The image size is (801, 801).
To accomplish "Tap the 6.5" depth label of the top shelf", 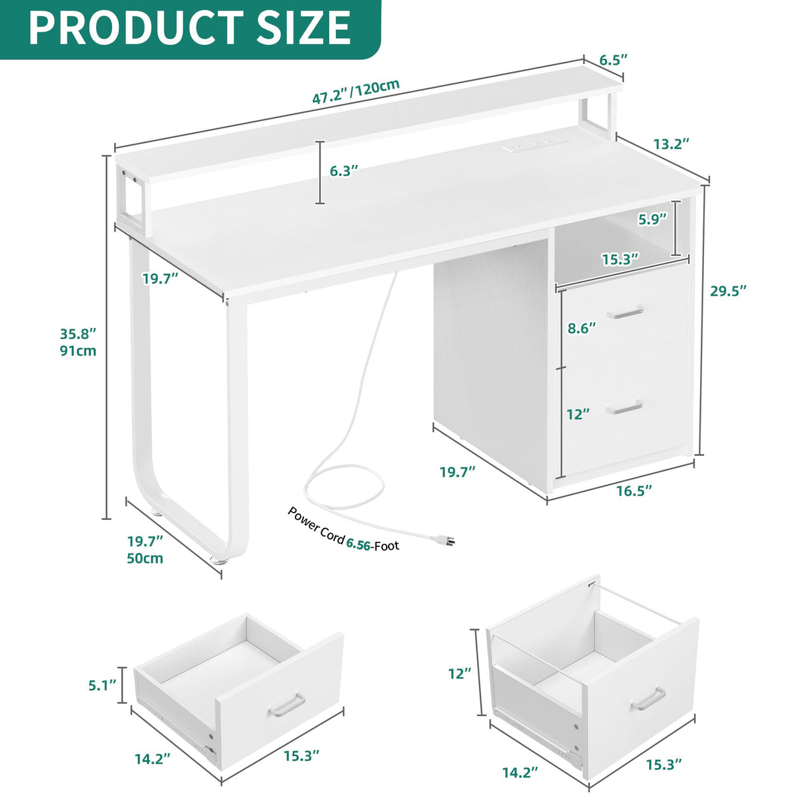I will (613, 60).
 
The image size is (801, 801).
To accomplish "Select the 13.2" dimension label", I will (671, 143).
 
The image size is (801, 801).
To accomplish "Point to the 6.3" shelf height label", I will (344, 171).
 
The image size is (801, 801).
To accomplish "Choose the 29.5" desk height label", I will (728, 291).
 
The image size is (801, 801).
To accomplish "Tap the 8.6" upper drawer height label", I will (581, 328).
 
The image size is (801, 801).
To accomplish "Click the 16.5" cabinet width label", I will (634, 490).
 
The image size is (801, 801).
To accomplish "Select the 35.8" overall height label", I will (78, 333).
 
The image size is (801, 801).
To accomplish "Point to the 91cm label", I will (78, 351).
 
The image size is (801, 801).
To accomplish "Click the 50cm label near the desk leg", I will (145, 559).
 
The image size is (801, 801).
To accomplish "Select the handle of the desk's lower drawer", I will (624, 407).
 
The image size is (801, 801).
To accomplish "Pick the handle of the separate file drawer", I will (648, 699).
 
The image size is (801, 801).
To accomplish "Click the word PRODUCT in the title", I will (125, 28).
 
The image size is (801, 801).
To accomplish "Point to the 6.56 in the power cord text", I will (358, 544).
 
